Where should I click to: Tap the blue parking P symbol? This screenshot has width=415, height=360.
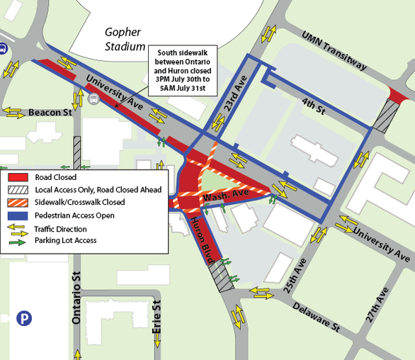pos(25,319)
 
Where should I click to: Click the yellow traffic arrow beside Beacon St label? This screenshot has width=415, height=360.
pos(14,112)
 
